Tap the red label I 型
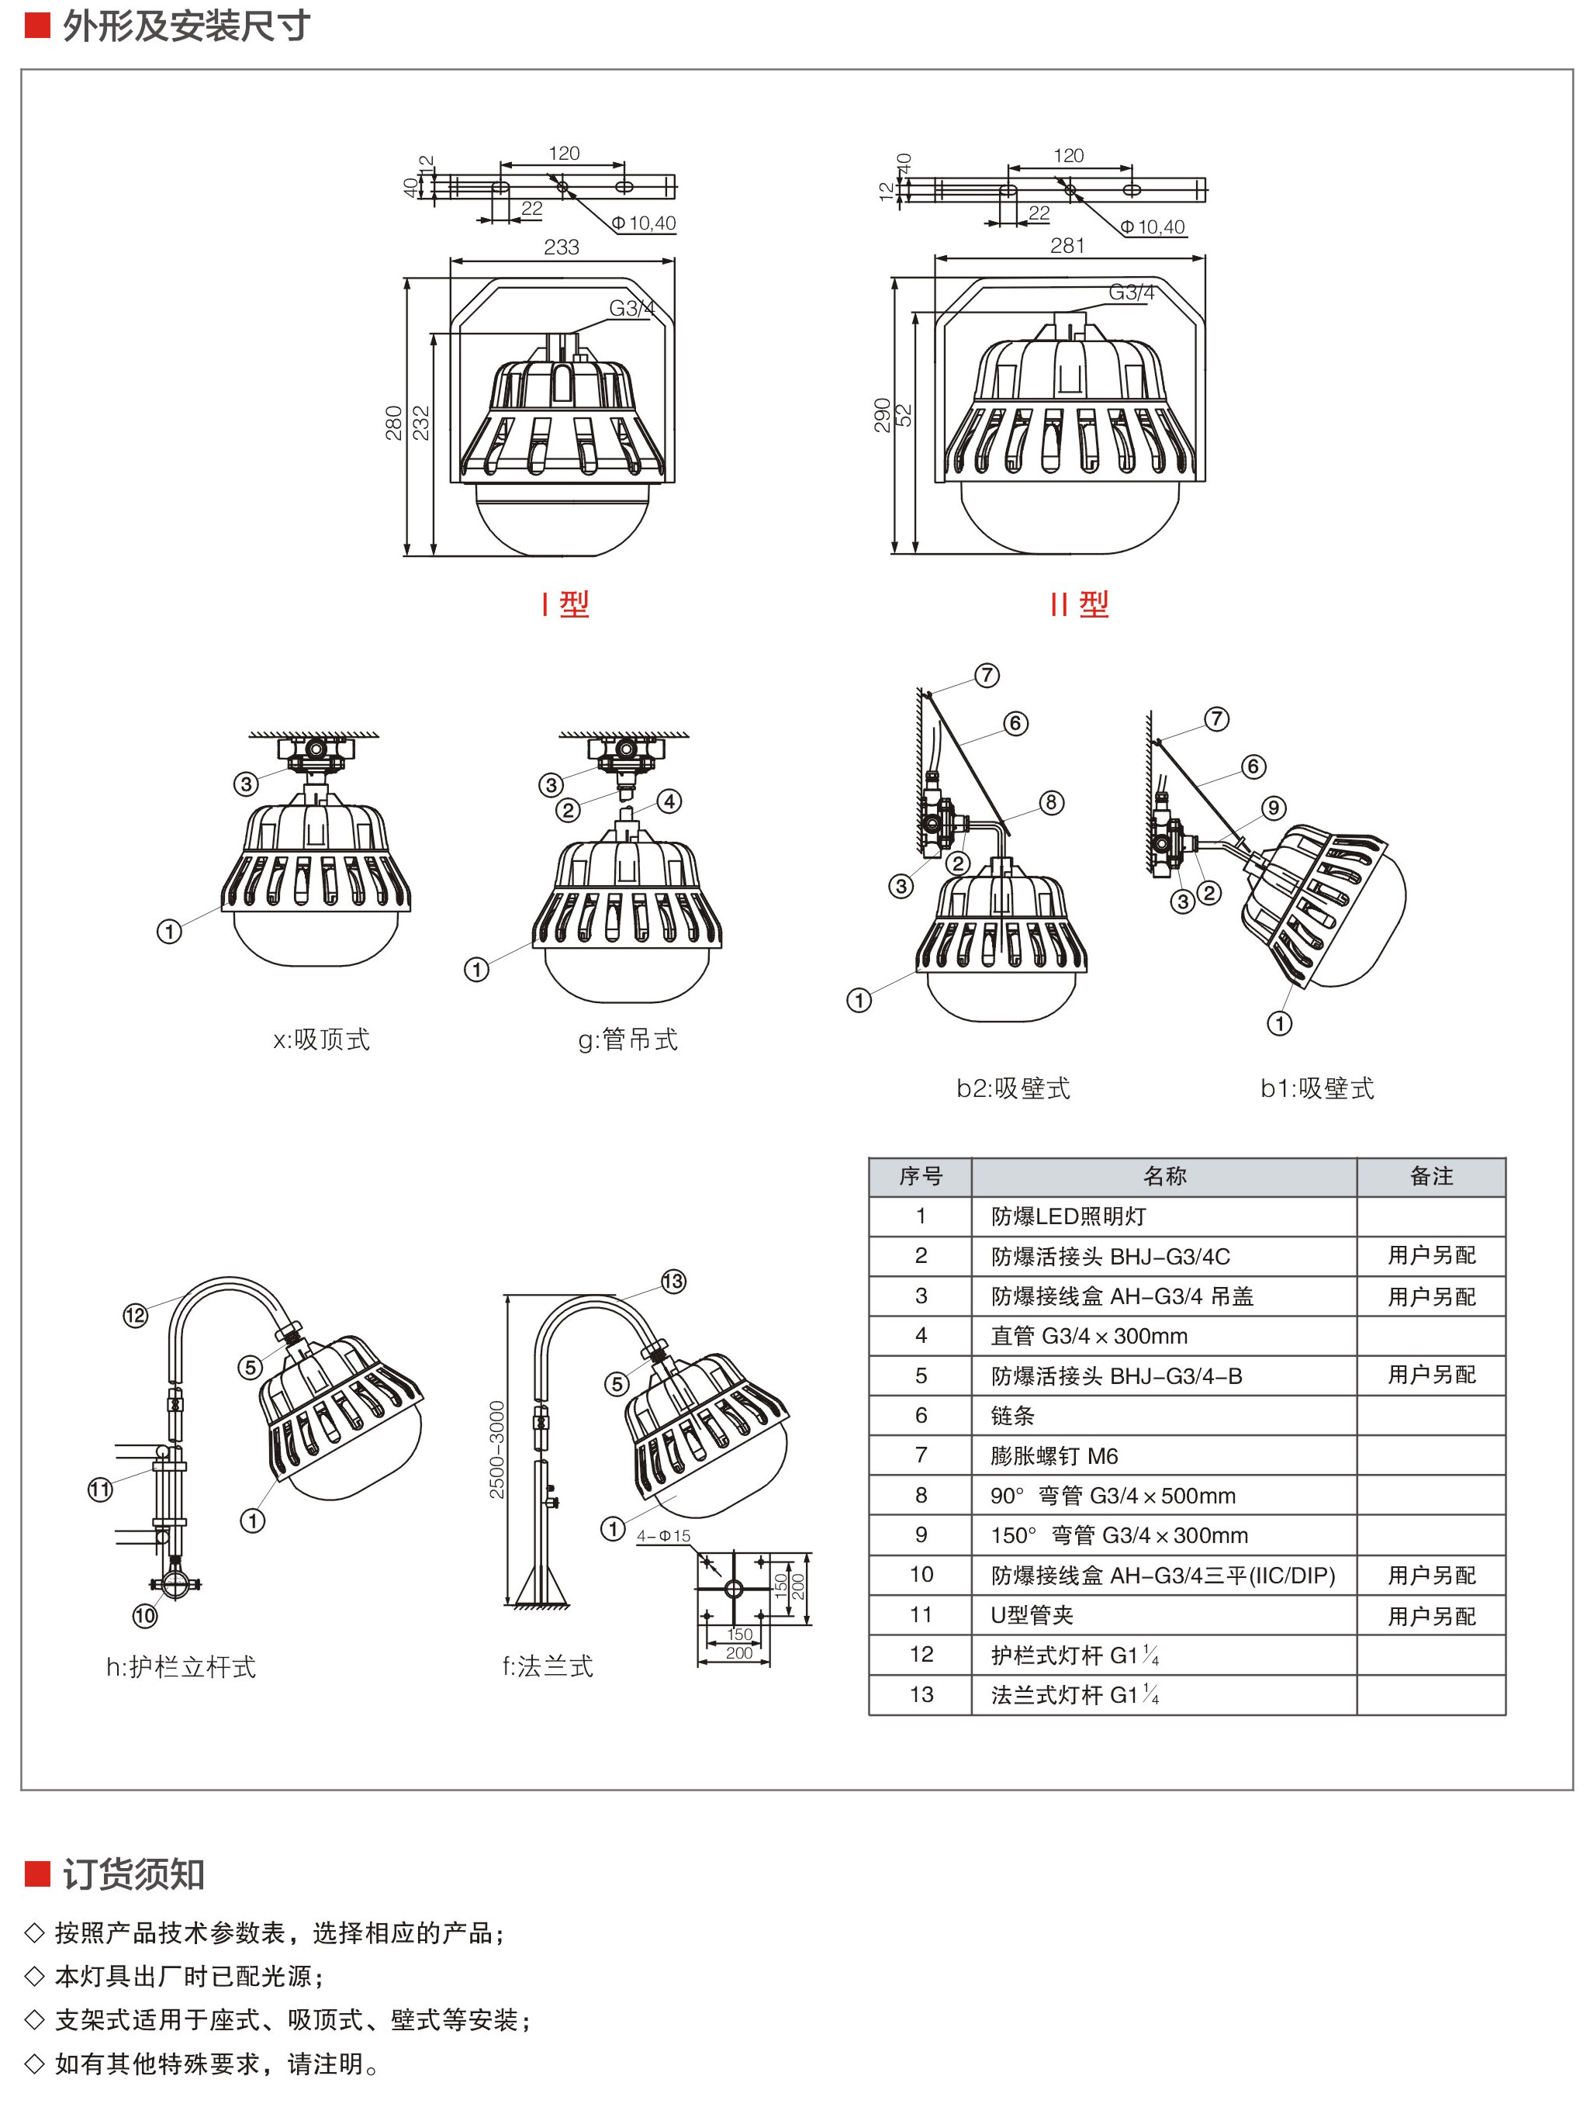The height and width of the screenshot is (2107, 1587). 565,604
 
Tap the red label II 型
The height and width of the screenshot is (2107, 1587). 1079,604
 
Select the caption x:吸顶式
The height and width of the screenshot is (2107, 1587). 321,1040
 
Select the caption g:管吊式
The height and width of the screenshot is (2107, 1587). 628,1040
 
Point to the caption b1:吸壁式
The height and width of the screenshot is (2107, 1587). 1317,1088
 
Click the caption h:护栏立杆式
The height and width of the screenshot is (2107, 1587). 181,1667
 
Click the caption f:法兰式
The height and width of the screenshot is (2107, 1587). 548,1666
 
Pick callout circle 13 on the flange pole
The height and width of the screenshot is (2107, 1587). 673,1281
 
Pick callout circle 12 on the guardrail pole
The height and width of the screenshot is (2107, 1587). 135,1316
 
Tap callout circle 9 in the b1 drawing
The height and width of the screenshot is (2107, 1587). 1274,808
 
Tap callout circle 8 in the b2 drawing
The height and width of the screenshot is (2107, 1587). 1051,802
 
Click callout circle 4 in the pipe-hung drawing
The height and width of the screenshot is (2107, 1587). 669,801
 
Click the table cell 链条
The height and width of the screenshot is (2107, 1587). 1012,1416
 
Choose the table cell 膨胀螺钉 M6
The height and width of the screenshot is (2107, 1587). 1054,1455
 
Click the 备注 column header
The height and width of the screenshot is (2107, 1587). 1431,1176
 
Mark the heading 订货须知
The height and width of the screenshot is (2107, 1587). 133,1873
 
